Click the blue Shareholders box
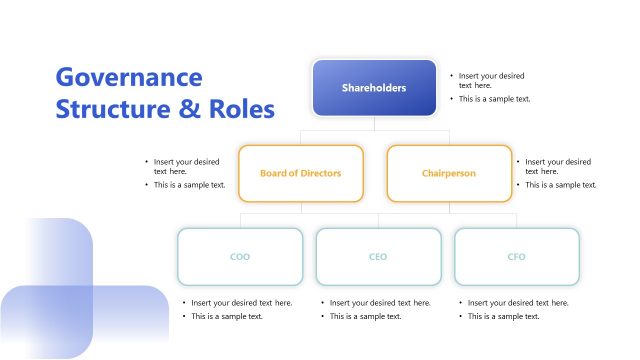(374, 88)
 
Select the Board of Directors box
(300, 173)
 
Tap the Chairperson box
(448, 173)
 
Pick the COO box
(240, 257)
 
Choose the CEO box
(378, 257)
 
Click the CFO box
(516, 257)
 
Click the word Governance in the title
(129, 78)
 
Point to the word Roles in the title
(239, 109)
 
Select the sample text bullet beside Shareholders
(494, 99)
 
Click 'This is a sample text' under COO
(227, 316)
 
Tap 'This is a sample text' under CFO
(503, 316)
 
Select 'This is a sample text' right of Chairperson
(560, 185)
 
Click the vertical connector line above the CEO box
(378, 220)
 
